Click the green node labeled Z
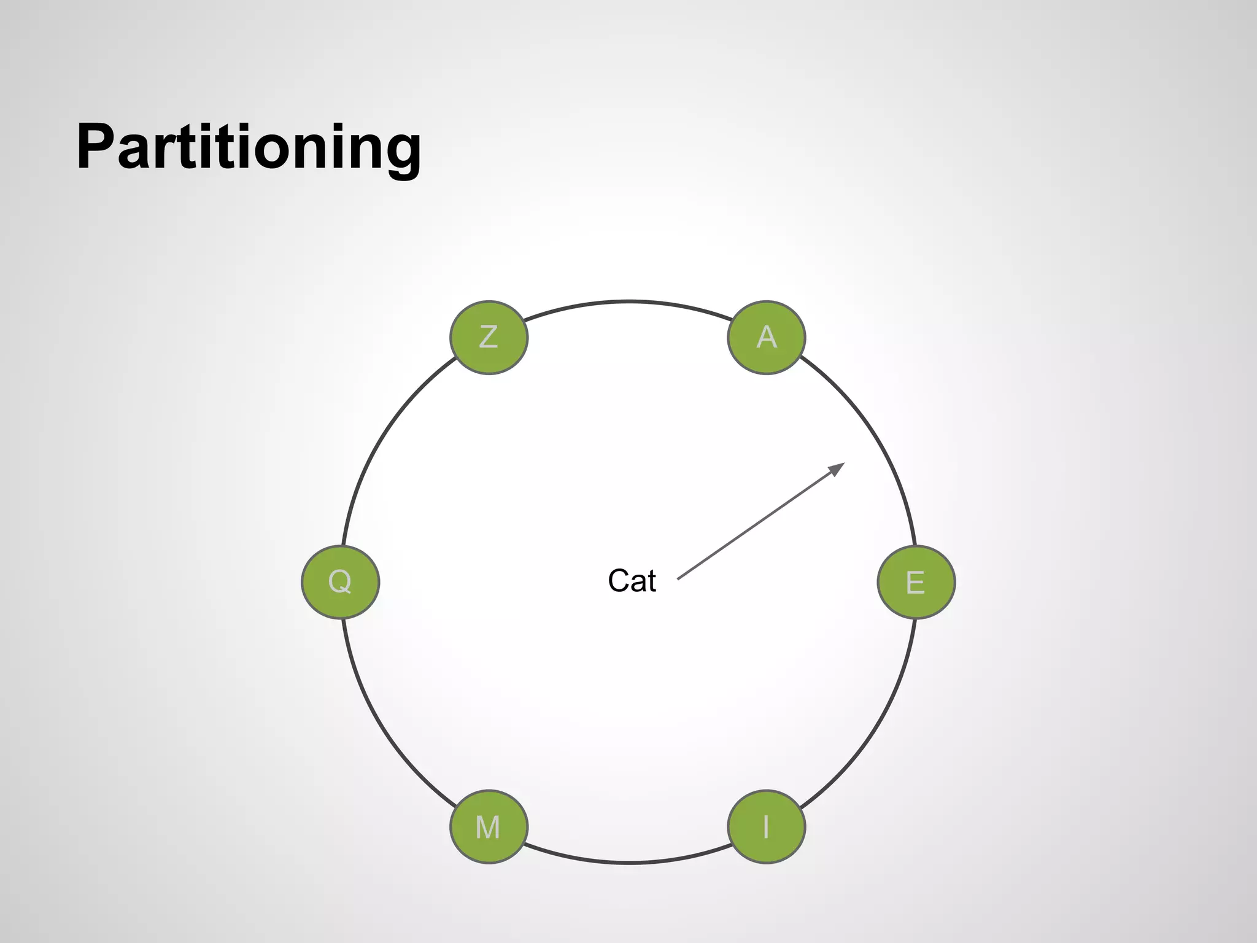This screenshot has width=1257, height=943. pyautogui.click(x=489, y=337)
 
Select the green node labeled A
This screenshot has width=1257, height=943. pyautogui.click(x=766, y=337)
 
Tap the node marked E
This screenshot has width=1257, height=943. pyautogui.click(x=916, y=581)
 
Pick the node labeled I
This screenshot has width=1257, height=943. pyautogui.click(x=766, y=826)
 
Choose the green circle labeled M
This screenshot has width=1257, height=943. pyautogui.click(x=489, y=826)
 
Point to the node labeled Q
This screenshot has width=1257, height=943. pyautogui.click(x=340, y=581)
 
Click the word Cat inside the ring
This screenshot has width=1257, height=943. pyautogui.click(x=632, y=581)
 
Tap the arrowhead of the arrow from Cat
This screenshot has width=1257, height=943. pyautogui.click(x=838, y=468)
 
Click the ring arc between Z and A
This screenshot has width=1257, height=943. pyautogui.click(x=628, y=301)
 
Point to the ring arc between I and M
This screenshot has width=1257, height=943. pyautogui.click(x=628, y=863)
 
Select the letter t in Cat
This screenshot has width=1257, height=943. pyautogui.click(x=651, y=581)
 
